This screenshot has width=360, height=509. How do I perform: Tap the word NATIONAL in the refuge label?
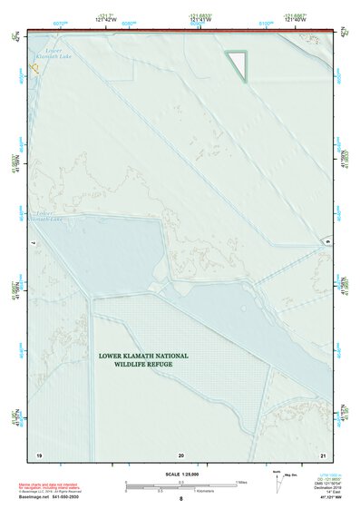(170, 357)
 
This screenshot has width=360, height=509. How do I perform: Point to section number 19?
(39, 455)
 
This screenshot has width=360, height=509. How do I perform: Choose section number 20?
(181, 455)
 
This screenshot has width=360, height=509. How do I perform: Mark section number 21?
(324, 455)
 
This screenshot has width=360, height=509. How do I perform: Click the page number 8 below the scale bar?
(181, 499)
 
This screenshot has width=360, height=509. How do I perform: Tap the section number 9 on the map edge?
(326, 243)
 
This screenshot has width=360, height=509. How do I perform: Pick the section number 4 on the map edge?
(34, 243)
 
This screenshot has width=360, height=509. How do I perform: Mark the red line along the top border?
(181, 31)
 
